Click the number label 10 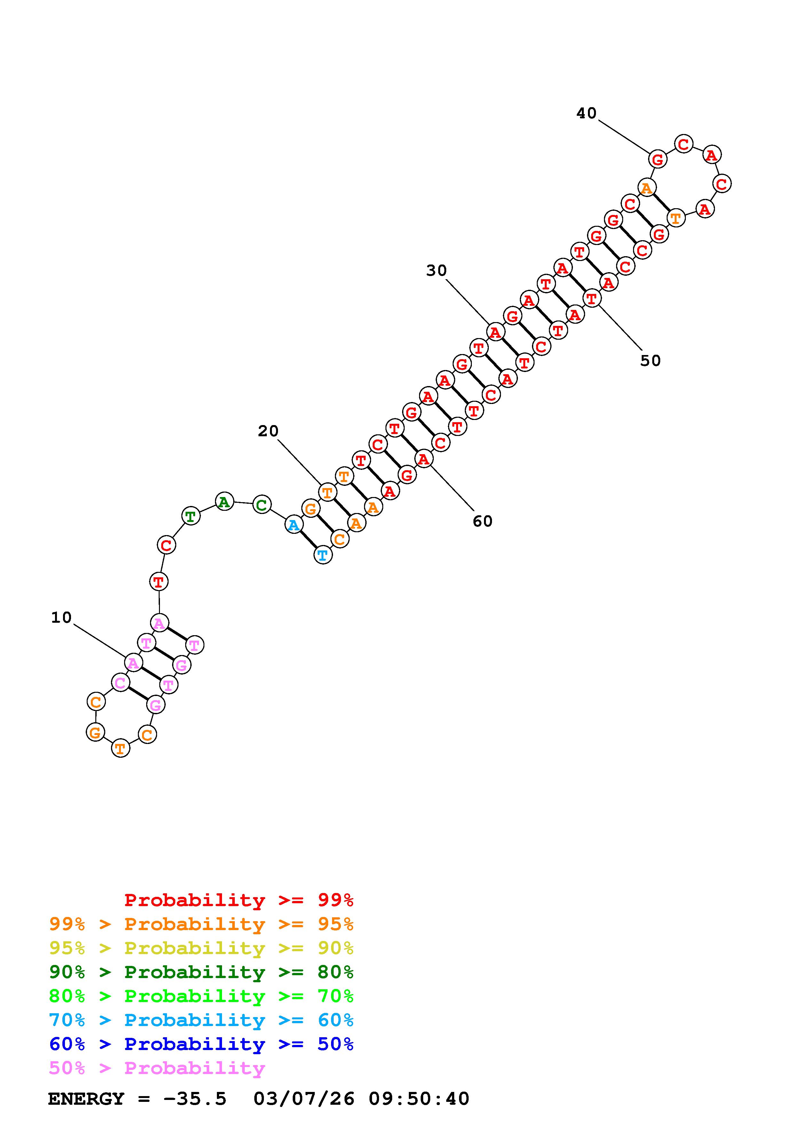click(x=61, y=618)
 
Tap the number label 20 click(x=268, y=431)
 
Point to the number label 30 click(x=437, y=270)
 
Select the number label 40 click(x=587, y=113)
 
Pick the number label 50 click(x=650, y=361)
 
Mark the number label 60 click(x=483, y=521)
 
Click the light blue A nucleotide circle click(x=294, y=525)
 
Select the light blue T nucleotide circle click(x=322, y=555)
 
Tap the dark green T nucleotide click(x=191, y=516)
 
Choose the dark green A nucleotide click(x=224, y=502)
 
